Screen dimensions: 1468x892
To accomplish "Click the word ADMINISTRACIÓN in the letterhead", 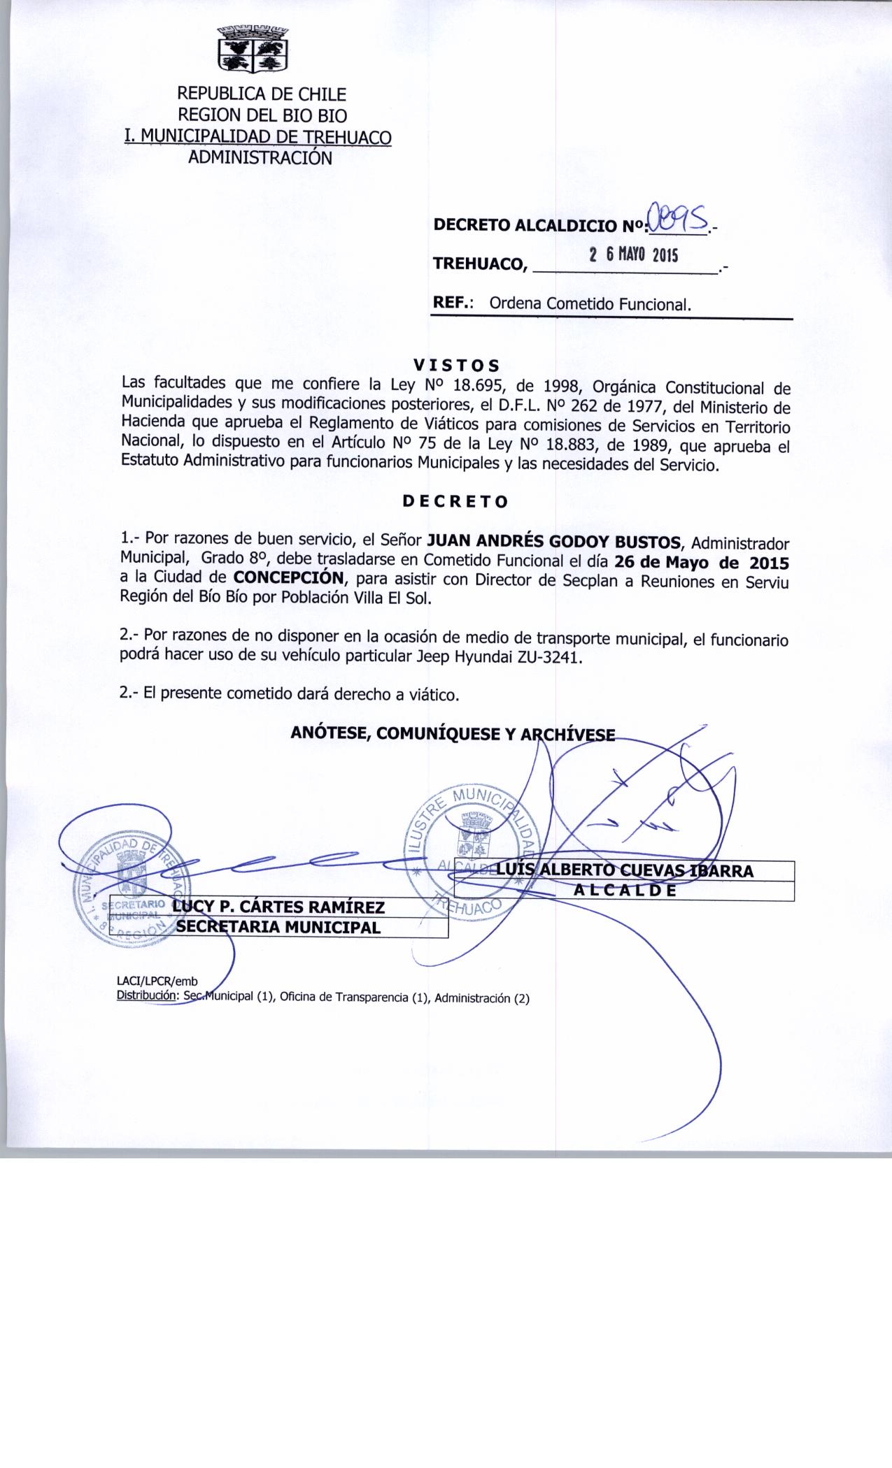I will tap(260, 157).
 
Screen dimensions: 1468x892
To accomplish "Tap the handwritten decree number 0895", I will tap(678, 218).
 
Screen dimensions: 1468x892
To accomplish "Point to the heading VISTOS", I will tap(456, 365).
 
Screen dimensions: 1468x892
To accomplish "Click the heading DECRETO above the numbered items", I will tap(455, 501).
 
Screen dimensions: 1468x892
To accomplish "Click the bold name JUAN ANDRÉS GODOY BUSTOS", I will tap(558, 542).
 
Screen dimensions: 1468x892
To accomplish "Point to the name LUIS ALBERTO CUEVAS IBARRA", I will tap(624, 870).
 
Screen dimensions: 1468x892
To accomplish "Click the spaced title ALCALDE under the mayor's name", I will tap(625, 891).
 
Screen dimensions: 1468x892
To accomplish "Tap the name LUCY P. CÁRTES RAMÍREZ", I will tap(279, 907).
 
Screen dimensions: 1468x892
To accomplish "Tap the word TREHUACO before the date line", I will tap(479, 264).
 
